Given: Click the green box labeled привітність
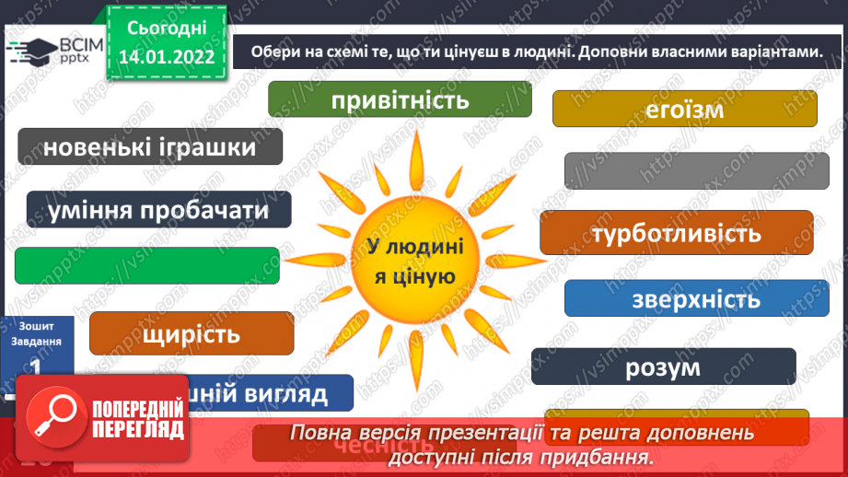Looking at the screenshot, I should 401,99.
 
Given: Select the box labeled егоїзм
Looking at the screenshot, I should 685,109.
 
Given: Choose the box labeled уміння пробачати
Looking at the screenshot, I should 158,210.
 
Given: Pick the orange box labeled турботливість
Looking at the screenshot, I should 676,233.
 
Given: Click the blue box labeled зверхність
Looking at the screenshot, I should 696,298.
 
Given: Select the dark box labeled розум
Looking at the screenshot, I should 663,366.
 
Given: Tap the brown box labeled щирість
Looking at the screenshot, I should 192,332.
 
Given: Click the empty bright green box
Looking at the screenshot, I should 147,265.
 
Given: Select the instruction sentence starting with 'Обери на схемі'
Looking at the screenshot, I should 533,53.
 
